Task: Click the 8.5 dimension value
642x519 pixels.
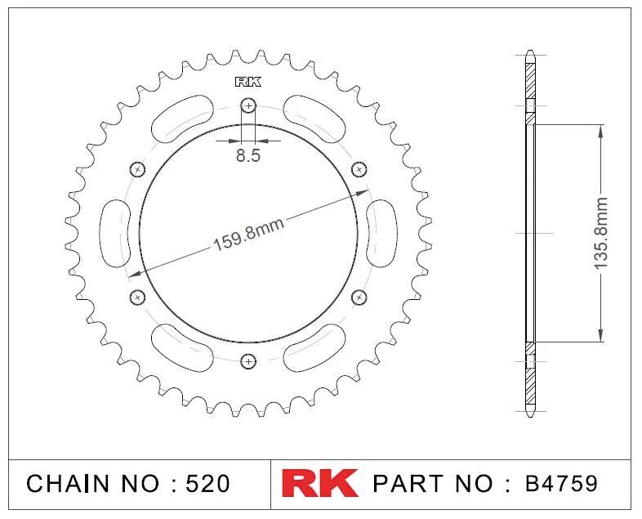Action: tap(248, 155)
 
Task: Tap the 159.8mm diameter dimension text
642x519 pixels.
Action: tap(248, 235)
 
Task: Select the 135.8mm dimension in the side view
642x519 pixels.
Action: tap(600, 233)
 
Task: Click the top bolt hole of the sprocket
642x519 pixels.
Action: tap(248, 105)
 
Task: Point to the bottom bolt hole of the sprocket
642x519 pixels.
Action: tap(248, 361)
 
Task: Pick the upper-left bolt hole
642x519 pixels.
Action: tap(137, 169)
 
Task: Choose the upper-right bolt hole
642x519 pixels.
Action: tap(359, 169)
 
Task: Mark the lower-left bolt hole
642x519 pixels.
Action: tap(137, 297)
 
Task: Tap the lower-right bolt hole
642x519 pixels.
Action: tap(359, 297)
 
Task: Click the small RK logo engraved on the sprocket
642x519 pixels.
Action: tap(248, 82)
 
